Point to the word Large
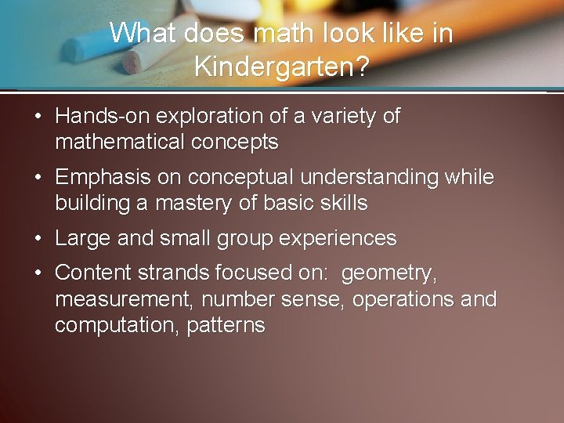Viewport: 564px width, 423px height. tap(83, 238)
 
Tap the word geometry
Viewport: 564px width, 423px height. tap(390, 273)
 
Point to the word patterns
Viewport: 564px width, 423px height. tap(226, 325)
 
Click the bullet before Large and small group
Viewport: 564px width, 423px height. tap(38, 238)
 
